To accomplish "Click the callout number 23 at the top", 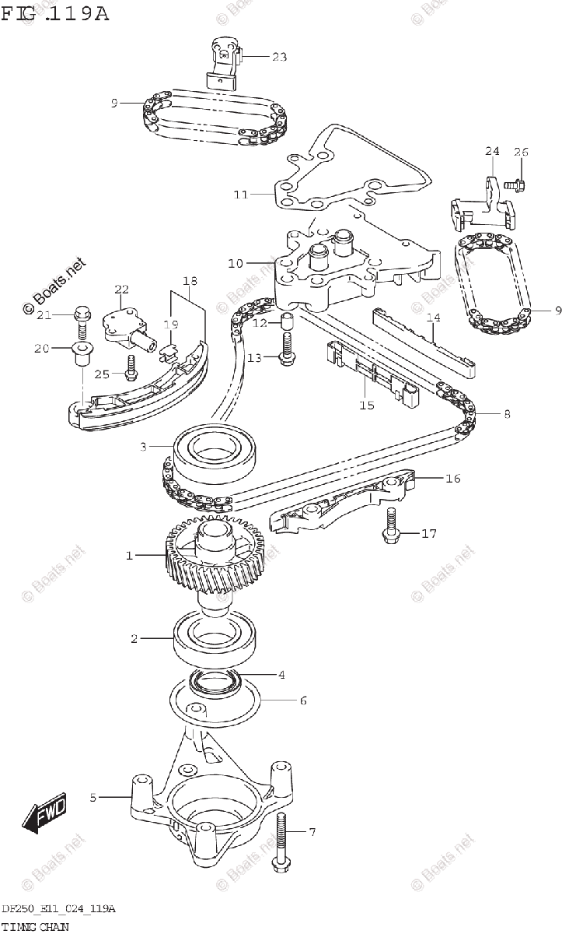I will click(278, 56).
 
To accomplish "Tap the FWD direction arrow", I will click(45, 812).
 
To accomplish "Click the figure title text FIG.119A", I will click(55, 13).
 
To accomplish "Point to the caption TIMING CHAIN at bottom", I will click(35, 926).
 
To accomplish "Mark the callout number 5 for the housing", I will click(93, 797).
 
